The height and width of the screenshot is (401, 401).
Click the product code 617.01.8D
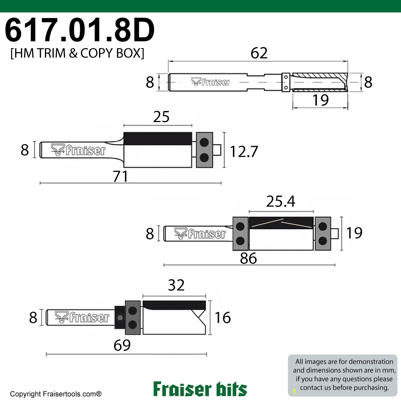point(79,31)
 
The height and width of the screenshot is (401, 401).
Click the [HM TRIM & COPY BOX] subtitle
point(77,54)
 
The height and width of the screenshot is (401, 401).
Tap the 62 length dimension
point(259,53)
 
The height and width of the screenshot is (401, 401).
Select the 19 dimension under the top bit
point(320,100)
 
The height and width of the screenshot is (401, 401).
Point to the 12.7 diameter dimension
point(243,151)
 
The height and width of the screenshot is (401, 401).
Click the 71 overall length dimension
point(120,176)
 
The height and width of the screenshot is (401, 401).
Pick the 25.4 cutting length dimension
point(281,202)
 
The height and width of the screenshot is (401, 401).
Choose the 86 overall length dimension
point(248,258)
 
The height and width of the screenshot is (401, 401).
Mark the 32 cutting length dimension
point(176,285)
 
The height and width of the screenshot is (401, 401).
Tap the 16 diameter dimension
point(223,318)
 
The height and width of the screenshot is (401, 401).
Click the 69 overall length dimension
point(122,346)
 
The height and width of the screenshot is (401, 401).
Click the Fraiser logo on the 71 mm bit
point(79,150)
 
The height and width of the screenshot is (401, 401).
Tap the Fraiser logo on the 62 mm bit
point(211,82)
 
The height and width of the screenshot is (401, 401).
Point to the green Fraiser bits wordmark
point(200,389)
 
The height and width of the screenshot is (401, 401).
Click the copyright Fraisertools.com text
point(56,394)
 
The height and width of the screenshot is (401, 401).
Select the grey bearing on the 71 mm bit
point(205,149)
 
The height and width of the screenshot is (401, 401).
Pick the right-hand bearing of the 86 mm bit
point(323,233)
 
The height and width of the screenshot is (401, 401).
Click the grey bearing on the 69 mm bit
point(133,317)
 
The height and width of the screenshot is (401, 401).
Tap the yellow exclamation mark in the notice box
point(295,391)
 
